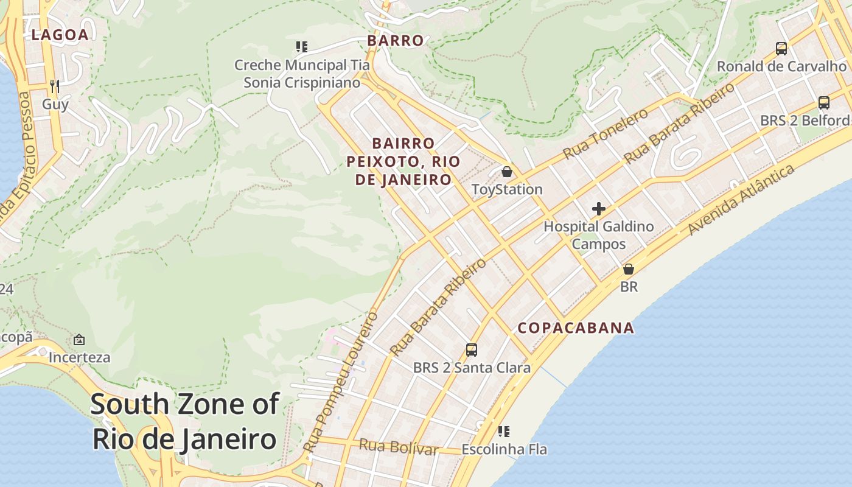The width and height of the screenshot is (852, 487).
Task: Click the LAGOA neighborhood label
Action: (60, 35)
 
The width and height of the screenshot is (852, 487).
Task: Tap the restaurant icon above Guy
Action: (55, 86)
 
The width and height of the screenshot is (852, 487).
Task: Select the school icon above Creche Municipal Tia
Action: (301, 47)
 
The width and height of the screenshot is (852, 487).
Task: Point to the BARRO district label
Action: (395, 41)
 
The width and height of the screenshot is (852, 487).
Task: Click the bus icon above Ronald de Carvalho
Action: (781, 49)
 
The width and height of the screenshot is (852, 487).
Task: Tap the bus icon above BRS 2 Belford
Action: (823, 103)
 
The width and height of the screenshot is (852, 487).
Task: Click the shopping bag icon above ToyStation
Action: (506, 172)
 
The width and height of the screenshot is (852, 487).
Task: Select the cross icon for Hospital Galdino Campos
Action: (598, 209)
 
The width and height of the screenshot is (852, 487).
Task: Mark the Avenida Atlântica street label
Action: (741, 199)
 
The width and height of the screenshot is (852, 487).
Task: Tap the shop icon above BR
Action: (628, 269)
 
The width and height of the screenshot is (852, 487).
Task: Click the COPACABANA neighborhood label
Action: (576, 328)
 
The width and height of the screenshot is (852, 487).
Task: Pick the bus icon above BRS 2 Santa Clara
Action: (471, 350)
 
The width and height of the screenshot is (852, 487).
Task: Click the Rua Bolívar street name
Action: (398, 447)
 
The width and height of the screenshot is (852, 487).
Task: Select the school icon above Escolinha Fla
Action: (503, 432)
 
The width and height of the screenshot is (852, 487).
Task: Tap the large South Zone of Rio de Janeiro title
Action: (185, 421)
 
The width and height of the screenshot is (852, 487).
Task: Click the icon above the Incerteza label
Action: (79, 340)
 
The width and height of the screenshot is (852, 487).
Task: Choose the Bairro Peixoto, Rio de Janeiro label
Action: (403, 161)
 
